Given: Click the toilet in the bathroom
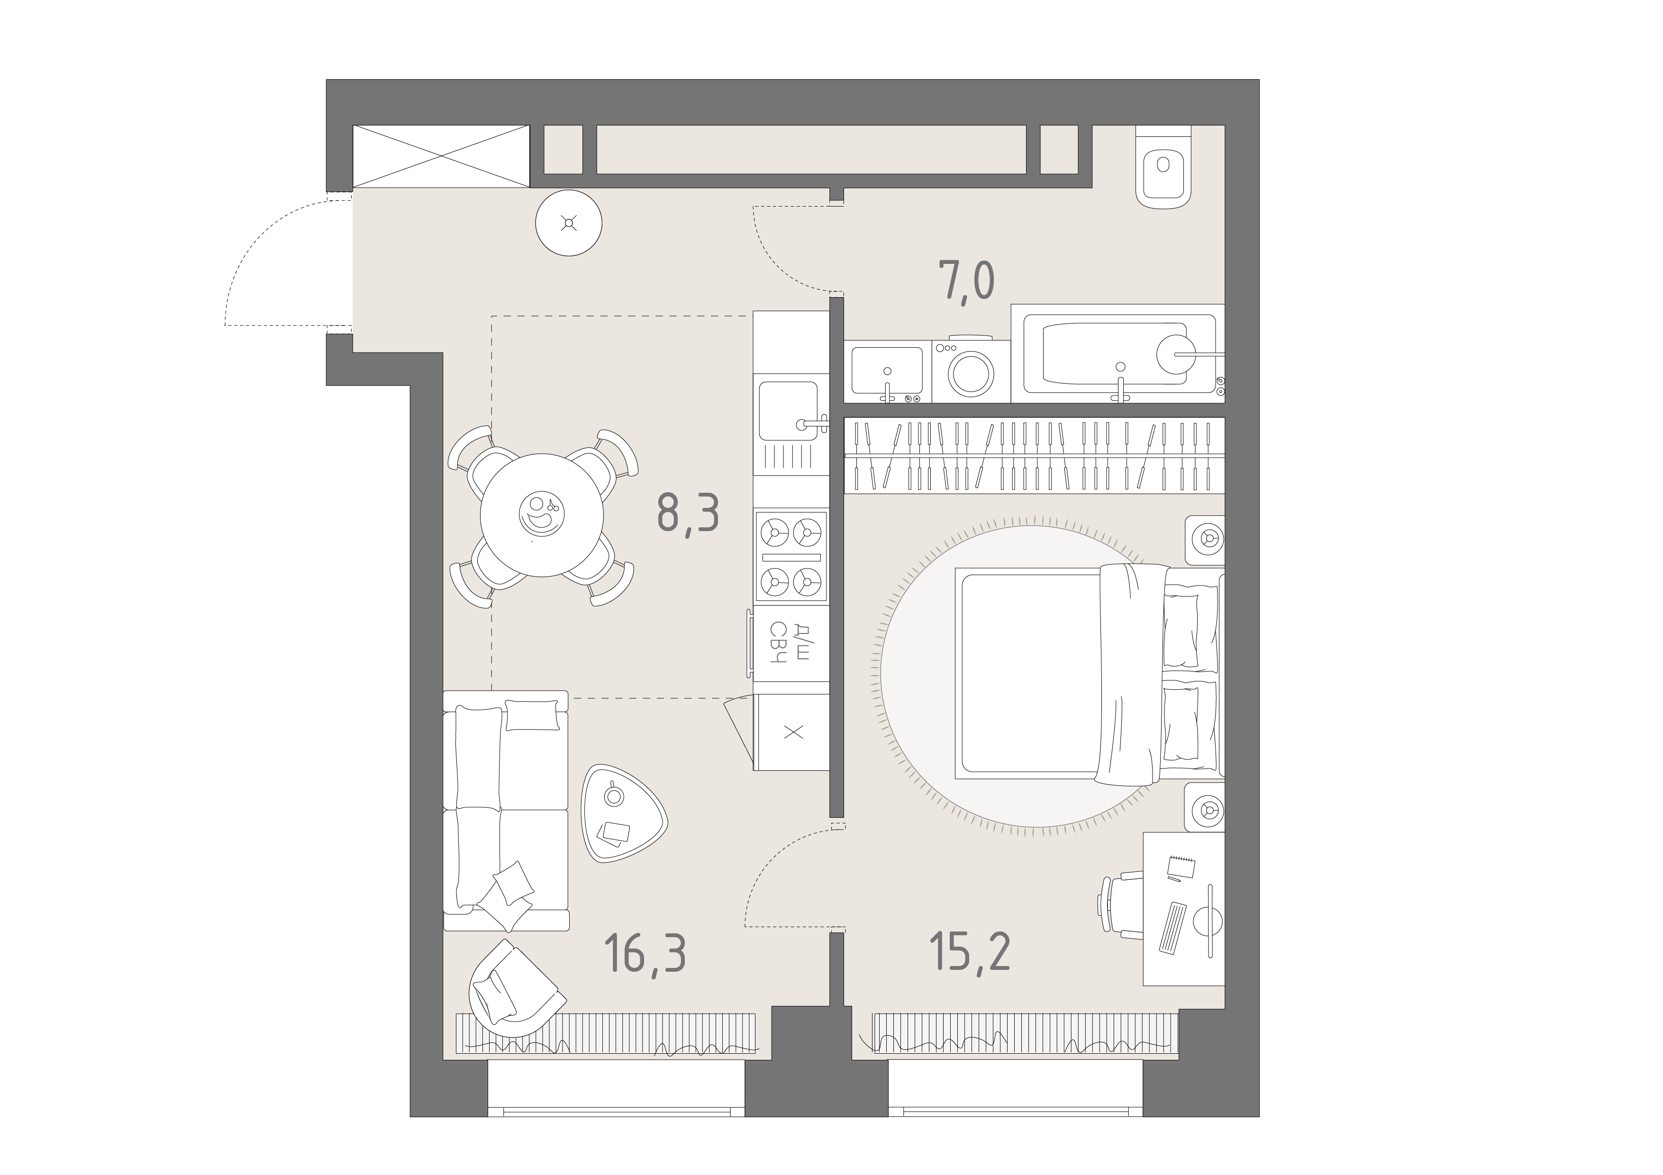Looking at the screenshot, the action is pos(1163,168).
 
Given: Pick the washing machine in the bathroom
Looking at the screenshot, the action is pos(971,369).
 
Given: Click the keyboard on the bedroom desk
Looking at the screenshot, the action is pos(1172,927).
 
